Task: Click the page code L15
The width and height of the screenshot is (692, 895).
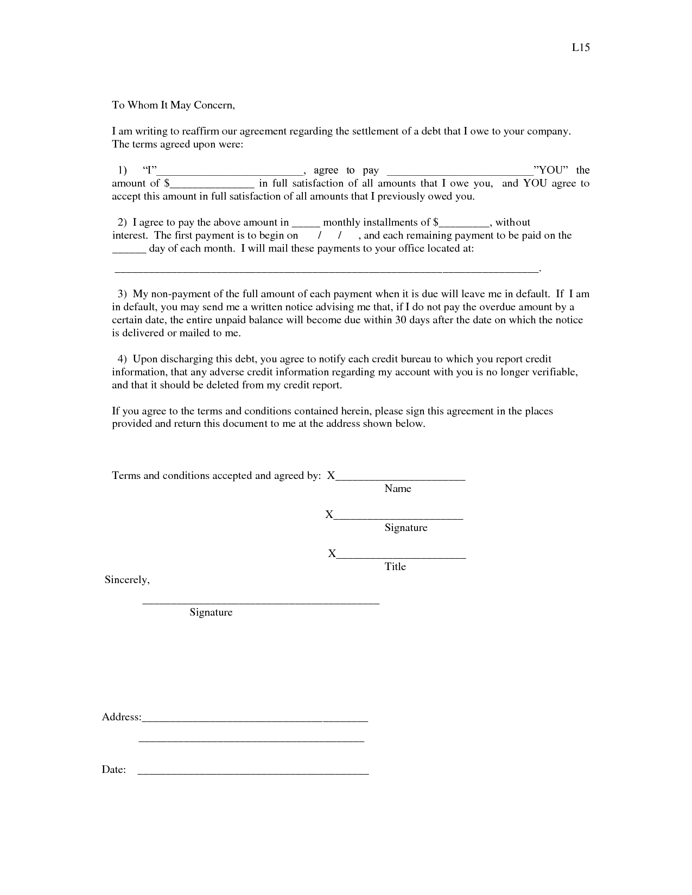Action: [x=581, y=47]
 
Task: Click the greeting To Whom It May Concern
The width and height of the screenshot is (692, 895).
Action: [x=173, y=105]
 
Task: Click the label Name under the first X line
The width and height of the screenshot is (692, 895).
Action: [x=398, y=489]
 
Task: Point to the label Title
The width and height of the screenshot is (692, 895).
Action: [x=395, y=567]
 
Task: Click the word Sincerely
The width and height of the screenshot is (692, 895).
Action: [x=127, y=580]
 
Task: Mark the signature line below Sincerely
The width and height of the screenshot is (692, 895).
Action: [x=261, y=603]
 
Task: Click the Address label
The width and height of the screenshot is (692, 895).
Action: [x=122, y=717]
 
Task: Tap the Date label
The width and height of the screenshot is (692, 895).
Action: [x=114, y=770]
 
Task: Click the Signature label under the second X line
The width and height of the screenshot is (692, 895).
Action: [x=406, y=528]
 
